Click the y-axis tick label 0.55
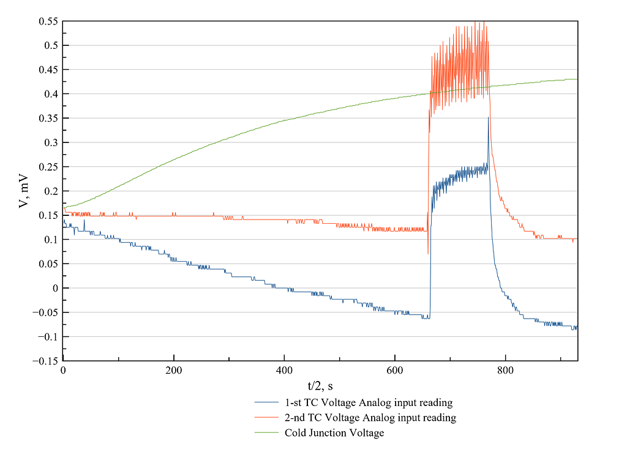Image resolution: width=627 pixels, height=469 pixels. click(48, 21)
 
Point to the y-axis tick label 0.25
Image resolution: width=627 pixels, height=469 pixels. click(48, 167)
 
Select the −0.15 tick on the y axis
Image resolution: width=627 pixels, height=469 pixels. click(45, 361)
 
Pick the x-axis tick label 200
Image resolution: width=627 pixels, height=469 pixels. click(174, 371)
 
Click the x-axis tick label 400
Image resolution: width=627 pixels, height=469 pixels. click(284, 371)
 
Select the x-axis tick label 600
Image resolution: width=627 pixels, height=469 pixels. click(395, 371)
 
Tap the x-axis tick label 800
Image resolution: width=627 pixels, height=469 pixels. click(505, 371)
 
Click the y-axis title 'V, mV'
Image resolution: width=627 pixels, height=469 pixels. click(23, 191)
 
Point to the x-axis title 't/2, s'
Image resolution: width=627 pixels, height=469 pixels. click(320, 385)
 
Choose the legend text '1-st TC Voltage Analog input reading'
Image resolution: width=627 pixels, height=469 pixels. click(369, 403)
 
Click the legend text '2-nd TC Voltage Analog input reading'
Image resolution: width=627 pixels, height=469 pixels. click(370, 418)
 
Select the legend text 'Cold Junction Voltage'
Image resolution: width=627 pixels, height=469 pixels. click(334, 433)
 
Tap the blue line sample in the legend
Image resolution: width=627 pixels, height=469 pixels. click(267, 403)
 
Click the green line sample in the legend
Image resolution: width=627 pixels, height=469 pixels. click(267, 433)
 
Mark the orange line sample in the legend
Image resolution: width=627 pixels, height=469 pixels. click(267, 418)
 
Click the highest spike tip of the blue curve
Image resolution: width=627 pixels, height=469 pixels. click(488, 117)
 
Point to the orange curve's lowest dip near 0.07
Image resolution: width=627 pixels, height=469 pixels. click(427, 254)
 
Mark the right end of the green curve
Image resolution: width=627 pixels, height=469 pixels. click(577, 79)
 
